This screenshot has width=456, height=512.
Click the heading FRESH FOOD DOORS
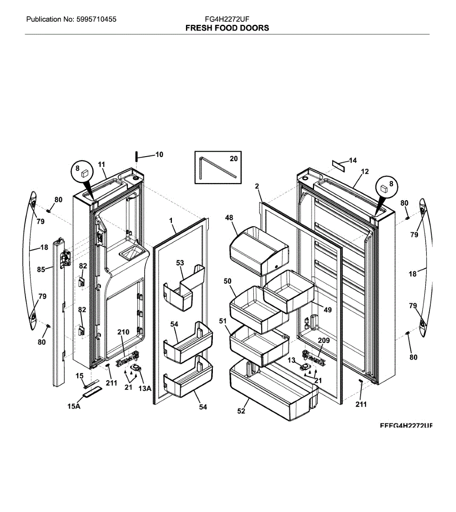click(x=227, y=28)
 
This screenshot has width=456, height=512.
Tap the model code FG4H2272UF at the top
click(x=227, y=19)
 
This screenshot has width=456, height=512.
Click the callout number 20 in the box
click(x=234, y=159)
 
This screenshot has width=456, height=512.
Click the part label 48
click(x=229, y=218)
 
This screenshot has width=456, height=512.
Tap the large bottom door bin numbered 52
click(x=273, y=388)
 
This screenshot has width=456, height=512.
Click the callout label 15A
click(x=74, y=407)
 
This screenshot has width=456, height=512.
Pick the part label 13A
click(x=145, y=388)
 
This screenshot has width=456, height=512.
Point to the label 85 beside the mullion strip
click(x=41, y=270)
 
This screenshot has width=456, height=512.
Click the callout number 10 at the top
click(x=159, y=154)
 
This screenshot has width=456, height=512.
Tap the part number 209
click(x=324, y=341)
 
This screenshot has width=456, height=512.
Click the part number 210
click(x=123, y=332)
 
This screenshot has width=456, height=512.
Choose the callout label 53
click(x=180, y=263)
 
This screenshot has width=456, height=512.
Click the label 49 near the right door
click(x=328, y=310)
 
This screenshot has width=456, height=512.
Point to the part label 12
click(x=365, y=172)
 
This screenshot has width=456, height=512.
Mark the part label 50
click(x=228, y=281)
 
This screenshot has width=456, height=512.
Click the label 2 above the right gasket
click(x=257, y=186)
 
